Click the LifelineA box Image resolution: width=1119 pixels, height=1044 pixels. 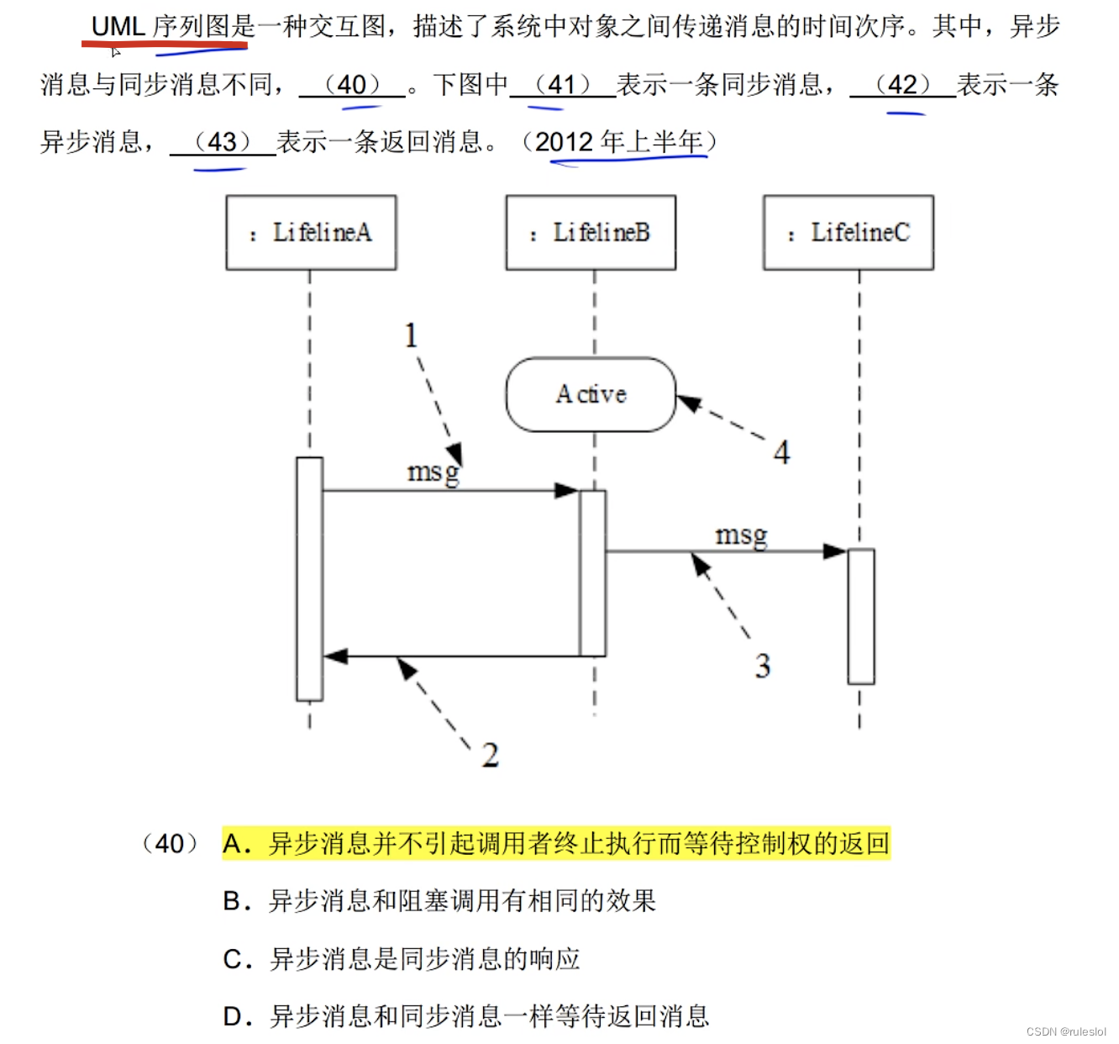point(311,233)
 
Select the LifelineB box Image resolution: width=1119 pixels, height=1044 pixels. point(591,233)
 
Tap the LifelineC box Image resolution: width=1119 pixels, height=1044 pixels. point(848,233)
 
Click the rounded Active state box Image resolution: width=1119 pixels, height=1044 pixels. point(591,394)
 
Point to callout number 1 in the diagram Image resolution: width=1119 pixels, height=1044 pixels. point(411,336)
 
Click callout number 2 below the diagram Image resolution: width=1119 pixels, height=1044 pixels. point(491,755)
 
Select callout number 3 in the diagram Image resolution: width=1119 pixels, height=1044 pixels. point(762,667)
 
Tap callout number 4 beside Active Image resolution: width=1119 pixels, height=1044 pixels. point(781,453)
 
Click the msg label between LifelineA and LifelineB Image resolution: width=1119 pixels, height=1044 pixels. point(433,472)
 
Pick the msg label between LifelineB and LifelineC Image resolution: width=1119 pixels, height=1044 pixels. point(741,535)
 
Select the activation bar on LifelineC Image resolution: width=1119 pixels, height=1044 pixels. point(860,616)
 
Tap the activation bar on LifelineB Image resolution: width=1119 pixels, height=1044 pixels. point(592,573)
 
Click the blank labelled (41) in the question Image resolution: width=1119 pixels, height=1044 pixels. point(563,85)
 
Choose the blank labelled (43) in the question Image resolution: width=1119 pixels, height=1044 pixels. point(223,142)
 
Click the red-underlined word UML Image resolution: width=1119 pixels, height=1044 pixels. point(118,27)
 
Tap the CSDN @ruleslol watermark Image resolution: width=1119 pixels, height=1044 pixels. point(1066,1031)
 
